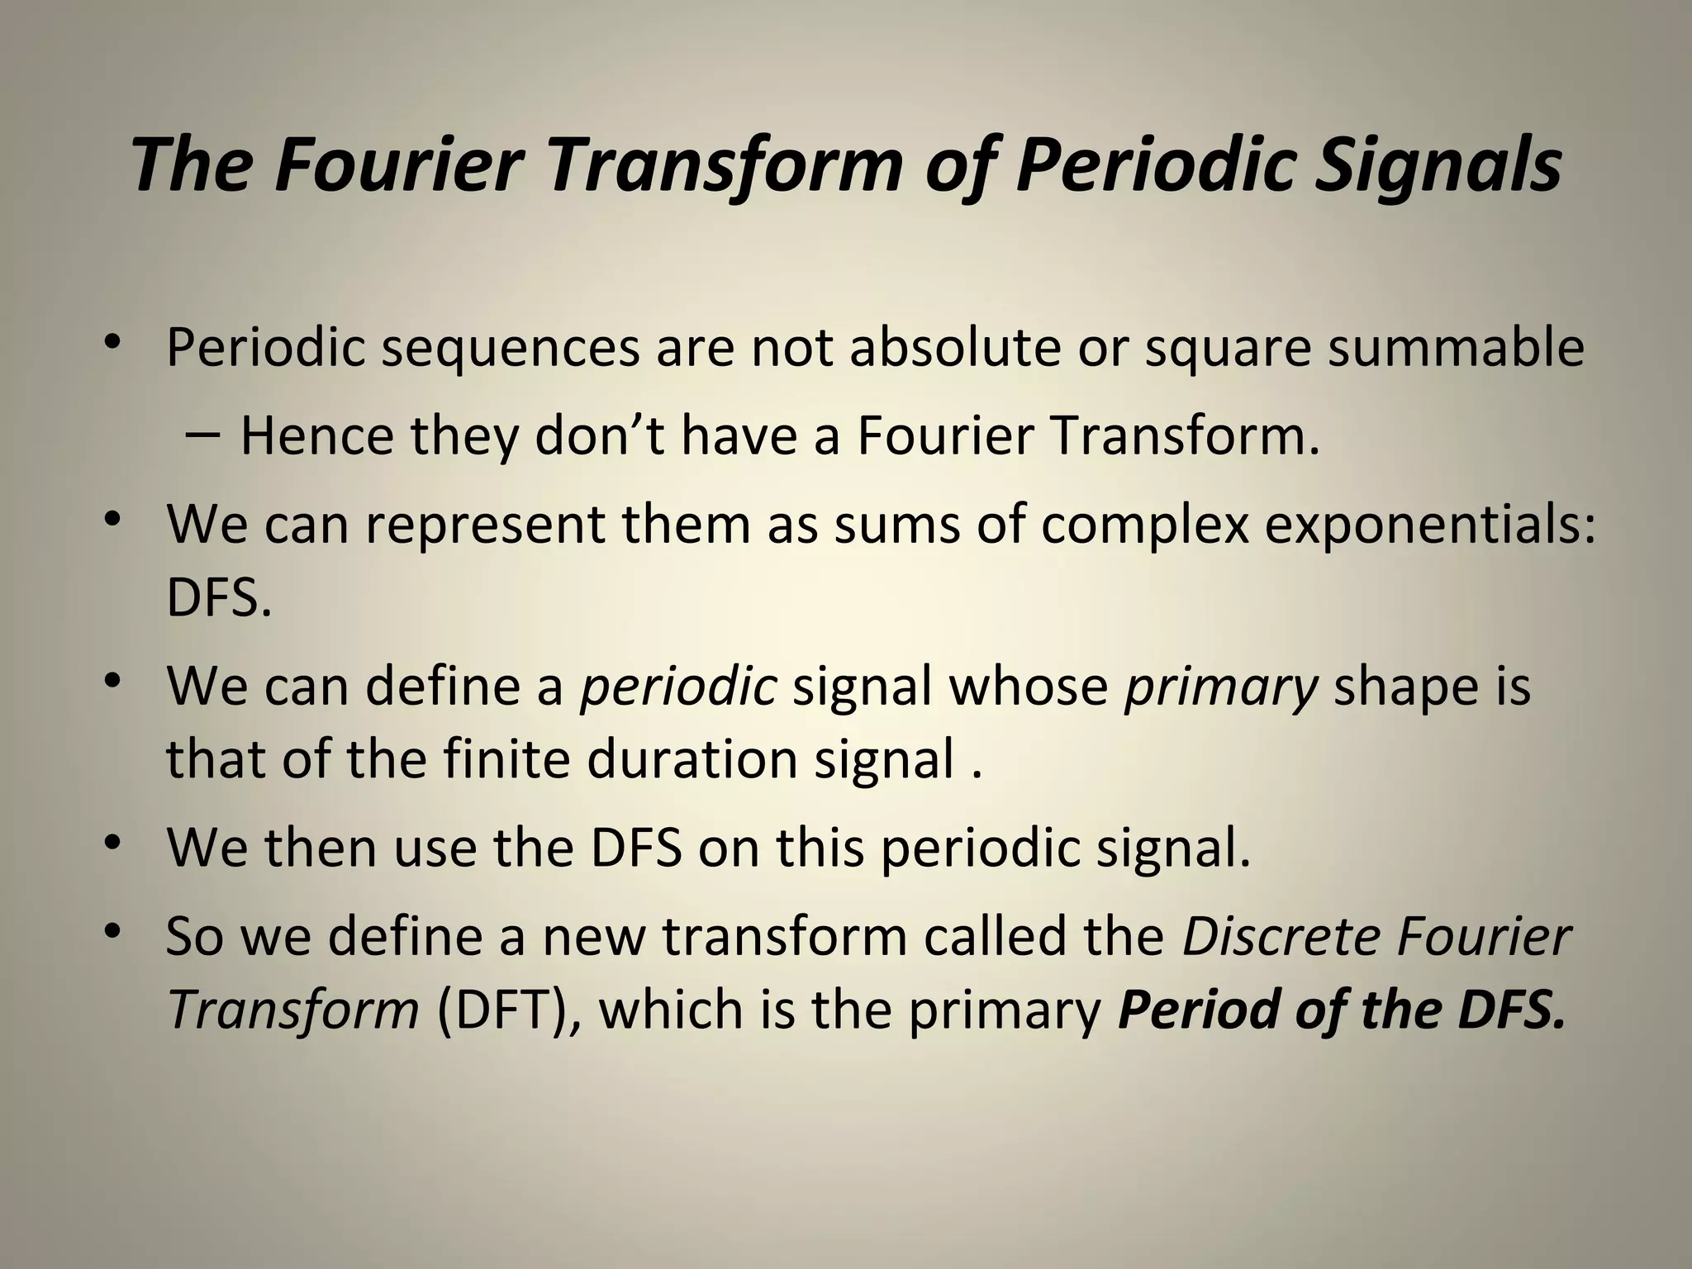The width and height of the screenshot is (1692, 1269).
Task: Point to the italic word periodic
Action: click(x=677, y=686)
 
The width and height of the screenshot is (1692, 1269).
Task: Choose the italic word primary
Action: click(x=1220, y=687)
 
